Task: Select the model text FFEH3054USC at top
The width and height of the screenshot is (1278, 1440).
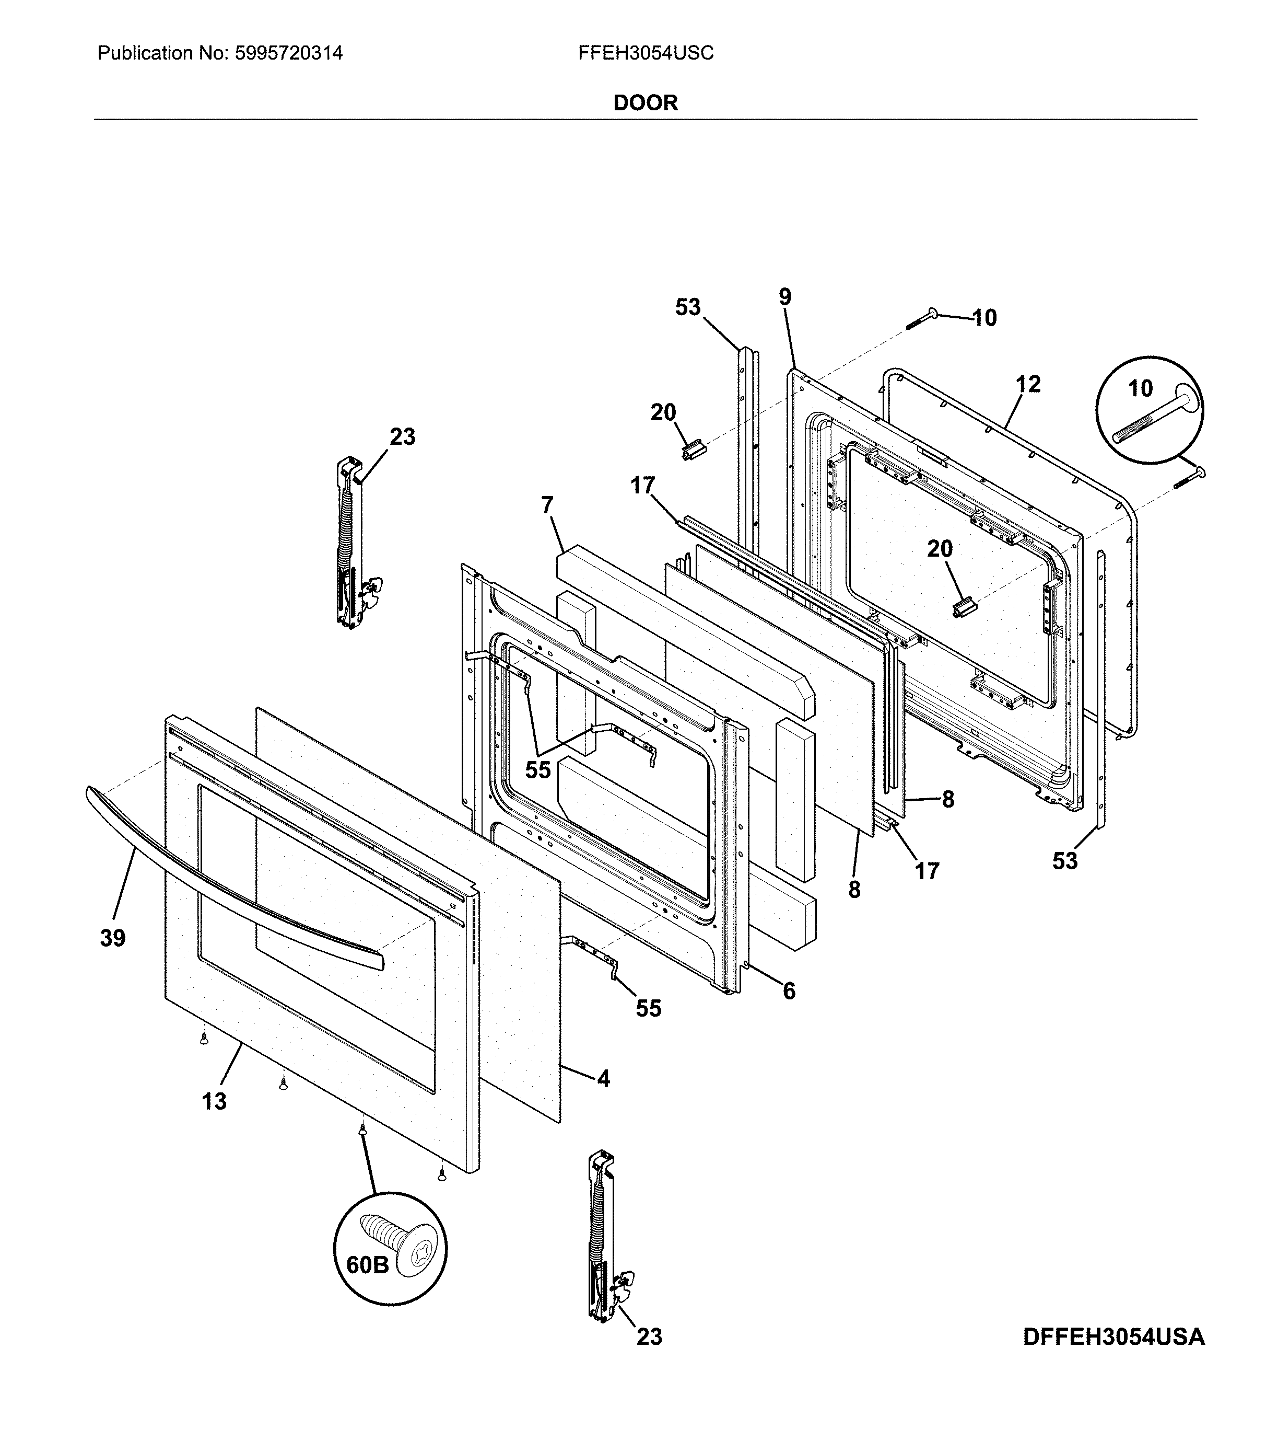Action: [x=645, y=53]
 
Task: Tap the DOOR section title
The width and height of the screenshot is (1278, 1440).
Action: [x=645, y=103]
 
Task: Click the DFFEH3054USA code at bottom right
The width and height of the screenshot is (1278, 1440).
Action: [x=1113, y=1356]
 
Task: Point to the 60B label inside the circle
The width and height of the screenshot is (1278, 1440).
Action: [x=367, y=1284]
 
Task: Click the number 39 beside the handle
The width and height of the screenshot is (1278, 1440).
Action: [x=113, y=938]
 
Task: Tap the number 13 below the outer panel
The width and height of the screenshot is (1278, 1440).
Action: [x=214, y=1100]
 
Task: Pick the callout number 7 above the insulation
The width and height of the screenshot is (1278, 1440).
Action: [x=547, y=504]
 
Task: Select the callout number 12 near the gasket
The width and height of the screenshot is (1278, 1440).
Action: [x=1028, y=384]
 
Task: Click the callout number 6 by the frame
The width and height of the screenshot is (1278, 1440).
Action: [x=789, y=991]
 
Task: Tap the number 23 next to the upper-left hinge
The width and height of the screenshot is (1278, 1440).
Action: [x=402, y=437]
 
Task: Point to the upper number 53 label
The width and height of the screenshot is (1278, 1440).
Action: [x=688, y=307]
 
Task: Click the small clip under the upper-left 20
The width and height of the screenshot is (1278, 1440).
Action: [x=693, y=449]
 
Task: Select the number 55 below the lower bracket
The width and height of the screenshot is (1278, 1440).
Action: [x=649, y=1009]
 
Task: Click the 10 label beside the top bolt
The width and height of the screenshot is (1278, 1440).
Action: [x=984, y=318]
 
